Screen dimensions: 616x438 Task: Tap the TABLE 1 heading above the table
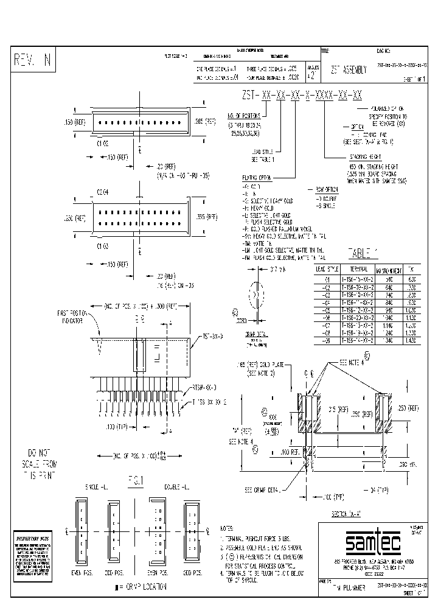click(x=363, y=254)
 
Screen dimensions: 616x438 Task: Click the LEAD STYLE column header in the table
click(x=325, y=268)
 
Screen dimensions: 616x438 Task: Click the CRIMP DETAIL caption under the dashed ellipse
click(x=257, y=335)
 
